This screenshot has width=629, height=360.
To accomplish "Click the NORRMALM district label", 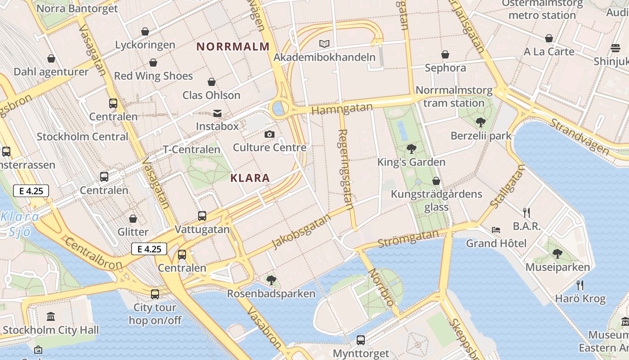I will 233,46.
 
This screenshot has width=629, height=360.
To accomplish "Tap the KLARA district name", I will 250,178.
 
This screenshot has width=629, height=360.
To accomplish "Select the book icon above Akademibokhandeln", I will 324,44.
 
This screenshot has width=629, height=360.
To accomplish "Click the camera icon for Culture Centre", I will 270,134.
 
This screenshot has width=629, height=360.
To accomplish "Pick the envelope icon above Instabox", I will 217,113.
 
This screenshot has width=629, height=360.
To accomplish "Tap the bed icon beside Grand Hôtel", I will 496,230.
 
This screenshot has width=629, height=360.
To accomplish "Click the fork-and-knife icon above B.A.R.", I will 527,212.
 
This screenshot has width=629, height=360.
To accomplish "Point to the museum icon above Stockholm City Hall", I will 51,316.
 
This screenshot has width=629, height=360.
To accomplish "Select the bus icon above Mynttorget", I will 361,340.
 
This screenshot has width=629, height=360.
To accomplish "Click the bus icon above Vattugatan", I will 202,216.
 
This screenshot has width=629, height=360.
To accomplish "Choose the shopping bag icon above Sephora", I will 445,54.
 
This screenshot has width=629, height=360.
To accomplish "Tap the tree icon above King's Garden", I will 411,148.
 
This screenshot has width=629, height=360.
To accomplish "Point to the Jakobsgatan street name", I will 301,231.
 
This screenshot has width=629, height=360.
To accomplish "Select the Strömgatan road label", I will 408,238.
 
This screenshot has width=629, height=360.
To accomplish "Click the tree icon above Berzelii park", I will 481,122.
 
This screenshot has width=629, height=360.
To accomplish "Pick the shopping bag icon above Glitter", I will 133,219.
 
